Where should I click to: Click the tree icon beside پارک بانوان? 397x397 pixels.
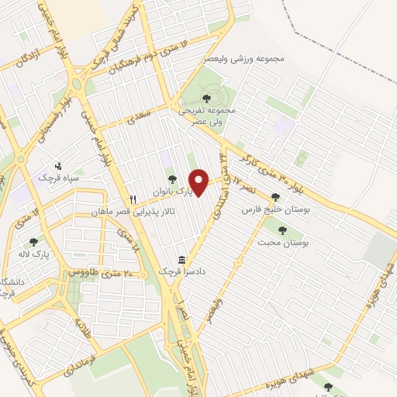[x=172, y=180]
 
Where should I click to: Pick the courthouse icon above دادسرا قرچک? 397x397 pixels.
[x=181, y=259]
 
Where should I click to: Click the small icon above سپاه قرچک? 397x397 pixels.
[x=57, y=165]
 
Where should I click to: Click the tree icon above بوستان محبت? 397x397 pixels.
[x=282, y=230]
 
